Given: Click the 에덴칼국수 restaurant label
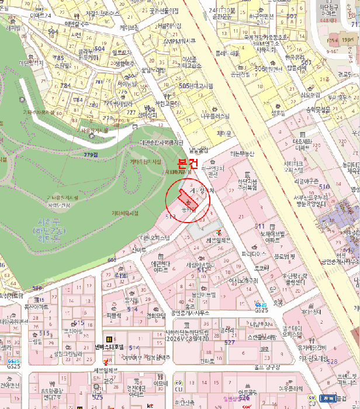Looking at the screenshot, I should click(x=77, y=24).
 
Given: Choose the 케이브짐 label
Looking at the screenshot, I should click(x=129, y=27).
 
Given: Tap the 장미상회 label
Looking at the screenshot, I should click(x=147, y=115).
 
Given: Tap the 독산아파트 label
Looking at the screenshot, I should click(x=36, y=304).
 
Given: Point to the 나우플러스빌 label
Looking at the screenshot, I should click(x=216, y=116).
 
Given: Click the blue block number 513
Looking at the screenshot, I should click(x=171, y=216).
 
